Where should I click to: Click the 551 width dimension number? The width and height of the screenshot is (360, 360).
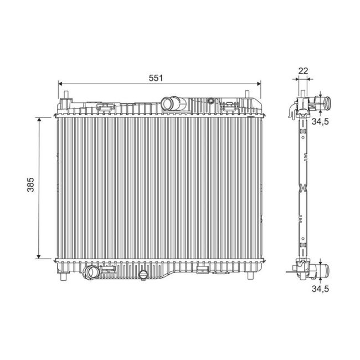[156, 78]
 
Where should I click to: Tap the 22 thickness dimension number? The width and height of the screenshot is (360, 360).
[302, 70]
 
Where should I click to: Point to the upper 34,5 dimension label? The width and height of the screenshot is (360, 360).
[319, 121]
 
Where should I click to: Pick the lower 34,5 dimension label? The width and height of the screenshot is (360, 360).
[319, 289]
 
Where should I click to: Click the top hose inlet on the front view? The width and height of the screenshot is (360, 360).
[168, 103]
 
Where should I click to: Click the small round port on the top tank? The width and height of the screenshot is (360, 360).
[211, 101]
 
